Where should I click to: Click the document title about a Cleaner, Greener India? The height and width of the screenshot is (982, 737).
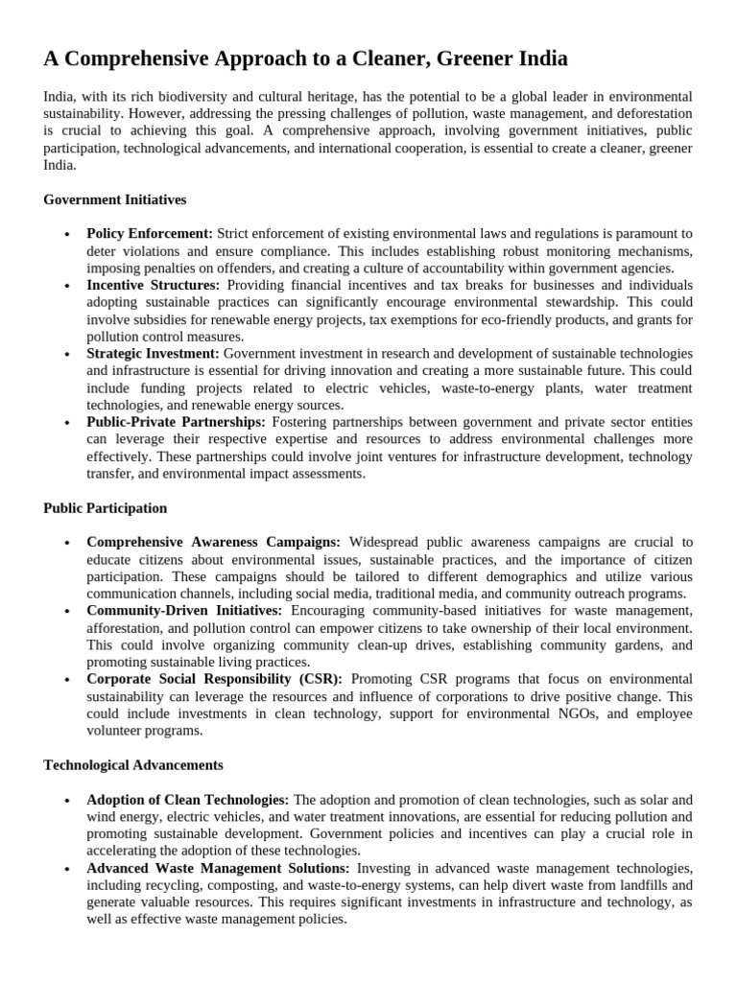(305, 59)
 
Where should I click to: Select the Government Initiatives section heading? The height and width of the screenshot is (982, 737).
(114, 199)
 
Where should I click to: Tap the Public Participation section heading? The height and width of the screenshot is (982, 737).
(105, 507)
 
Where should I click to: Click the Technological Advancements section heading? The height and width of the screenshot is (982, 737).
(133, 764)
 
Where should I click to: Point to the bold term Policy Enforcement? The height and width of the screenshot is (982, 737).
(150, 233)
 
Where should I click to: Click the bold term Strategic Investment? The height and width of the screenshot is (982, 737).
(153, 354)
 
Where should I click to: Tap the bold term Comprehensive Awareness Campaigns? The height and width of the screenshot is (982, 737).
(214, 542)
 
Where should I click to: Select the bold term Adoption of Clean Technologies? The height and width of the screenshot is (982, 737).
(188, 799)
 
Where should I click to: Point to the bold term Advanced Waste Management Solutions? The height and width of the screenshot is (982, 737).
(218, 867)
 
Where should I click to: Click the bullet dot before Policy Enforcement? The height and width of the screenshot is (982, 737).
(66, 234)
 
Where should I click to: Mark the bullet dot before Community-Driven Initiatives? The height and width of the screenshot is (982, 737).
(66, 611)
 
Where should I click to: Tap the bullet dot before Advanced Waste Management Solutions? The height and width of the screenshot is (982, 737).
(66, 868)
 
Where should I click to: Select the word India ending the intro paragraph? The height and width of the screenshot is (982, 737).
(59, 165)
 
